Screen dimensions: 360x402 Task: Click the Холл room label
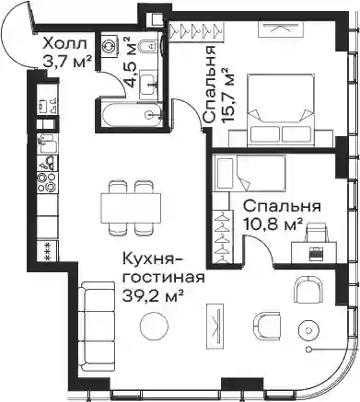[65, 44]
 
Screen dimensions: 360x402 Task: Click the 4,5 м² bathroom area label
[126, 63]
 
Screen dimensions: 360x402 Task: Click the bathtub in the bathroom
[131, 115]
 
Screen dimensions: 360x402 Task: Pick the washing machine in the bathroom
[110, 45]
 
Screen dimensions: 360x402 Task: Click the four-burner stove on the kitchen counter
[47, 182]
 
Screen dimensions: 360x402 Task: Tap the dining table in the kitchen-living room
[131, 208]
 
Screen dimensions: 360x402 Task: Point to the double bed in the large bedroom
[281, 109]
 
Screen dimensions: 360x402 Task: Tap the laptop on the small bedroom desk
[316, 254]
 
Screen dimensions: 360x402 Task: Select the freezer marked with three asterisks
[47, 251]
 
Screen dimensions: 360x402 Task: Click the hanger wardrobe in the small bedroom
[223, 236]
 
